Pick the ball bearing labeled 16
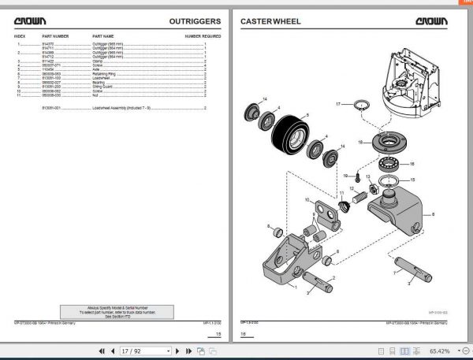[388, 165]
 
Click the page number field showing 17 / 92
[145, 351]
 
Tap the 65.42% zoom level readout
[439, 351]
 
